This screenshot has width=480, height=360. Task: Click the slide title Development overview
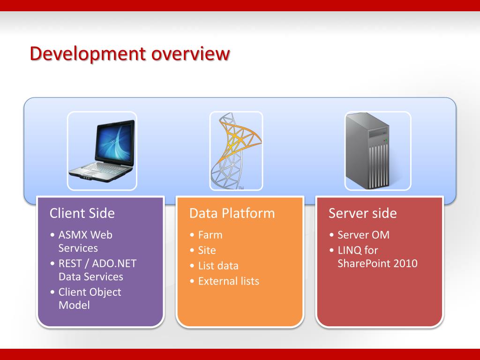[x=129, y=54]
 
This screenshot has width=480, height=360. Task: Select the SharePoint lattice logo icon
[x=236, y=150]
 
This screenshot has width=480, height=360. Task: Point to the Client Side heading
[x=82, y=213]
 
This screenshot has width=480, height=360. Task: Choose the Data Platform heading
[x=232, y=213]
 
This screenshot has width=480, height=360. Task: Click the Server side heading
[x=362, y=213]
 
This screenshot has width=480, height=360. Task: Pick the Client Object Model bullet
[x=89, y=299]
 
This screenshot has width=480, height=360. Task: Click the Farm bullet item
[x=210, y=235]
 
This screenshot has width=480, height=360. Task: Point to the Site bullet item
[x=207, y=250]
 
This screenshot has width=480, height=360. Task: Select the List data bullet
[x=218, y=266]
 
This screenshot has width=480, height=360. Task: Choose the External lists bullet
[x=228, y=281]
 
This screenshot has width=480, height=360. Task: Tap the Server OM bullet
[x=363, y=235]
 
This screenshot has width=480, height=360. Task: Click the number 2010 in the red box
[x=405, y=263]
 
